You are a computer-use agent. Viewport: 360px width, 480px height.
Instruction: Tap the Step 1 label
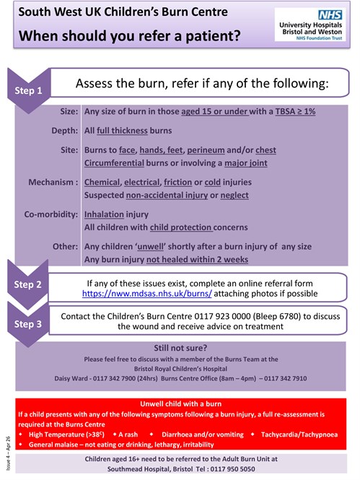coord(30,92)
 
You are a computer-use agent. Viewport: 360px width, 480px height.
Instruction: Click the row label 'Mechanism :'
coord(53,183)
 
